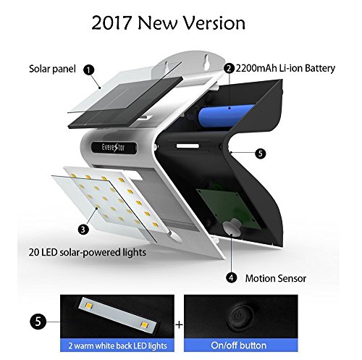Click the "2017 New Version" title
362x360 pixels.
169,23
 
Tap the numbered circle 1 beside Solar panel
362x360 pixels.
89,70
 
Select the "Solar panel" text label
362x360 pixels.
52,69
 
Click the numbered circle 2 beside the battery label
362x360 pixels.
229,68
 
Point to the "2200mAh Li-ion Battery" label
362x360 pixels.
285,68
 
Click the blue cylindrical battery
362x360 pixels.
226,116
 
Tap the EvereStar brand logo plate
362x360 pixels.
114,147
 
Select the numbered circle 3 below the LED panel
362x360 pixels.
83,229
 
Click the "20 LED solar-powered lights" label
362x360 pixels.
88,252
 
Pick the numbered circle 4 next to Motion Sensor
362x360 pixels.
231,277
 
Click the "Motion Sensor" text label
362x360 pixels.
276,278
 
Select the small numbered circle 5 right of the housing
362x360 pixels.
260,154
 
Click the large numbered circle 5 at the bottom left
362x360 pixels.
38,322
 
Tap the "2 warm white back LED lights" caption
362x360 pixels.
117,346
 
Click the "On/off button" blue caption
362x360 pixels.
239,346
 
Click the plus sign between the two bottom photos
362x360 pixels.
179,325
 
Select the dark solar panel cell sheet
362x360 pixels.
125,103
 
